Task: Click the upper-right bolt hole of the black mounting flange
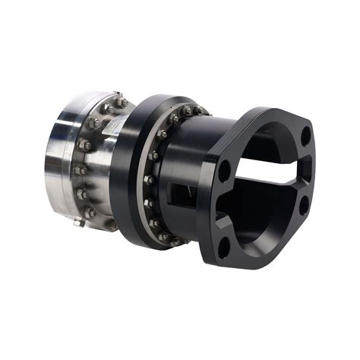[305, 137]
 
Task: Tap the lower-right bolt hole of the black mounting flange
[304, 204]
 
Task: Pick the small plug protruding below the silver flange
[79, 223]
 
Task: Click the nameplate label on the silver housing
[108, 134]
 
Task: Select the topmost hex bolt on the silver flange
[120, 100]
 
